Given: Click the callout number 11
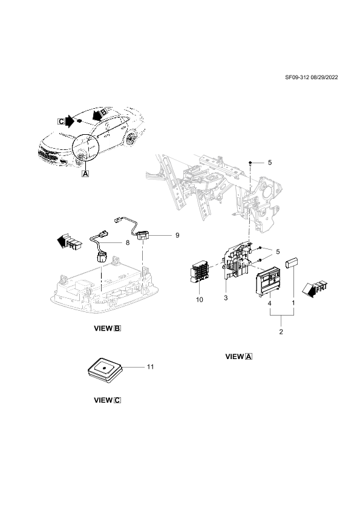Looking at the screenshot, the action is pyautogui.click(x=151, y=366).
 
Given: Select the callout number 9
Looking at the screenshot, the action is pyautogui.click(x=177, y=235).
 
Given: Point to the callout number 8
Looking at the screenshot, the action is pyautogui.click(x=128, y=242).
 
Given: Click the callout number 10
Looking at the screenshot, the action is pyautogui.click(x=200, y=300).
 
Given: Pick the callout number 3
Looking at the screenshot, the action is pyautogui.click(x=226, y=297).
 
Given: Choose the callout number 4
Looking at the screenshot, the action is pyautogui.click(x=269, y=303).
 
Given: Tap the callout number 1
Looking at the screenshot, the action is pyautogui.click(x=293, y=303).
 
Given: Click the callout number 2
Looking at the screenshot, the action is pyautogui.click(x=281, y=332).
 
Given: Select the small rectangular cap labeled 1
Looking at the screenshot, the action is pyautogui.click(x=292, y=262).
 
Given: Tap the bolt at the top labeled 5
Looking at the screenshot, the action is pyautogui.click(x=251, y=163).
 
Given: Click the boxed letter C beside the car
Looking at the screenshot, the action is pyautogui.click(x=61, y=122).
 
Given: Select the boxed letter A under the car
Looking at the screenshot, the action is pyautogui.click(x=85, y=173).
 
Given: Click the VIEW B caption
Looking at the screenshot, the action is pyautogui.click(x=107, y=328).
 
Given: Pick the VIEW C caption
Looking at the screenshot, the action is pyautogui.click(x=107, y=400).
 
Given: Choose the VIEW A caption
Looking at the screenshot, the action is pyautogui.click(x=239, y=357).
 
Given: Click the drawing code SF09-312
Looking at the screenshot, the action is pyautogui.click(x=296, y=77).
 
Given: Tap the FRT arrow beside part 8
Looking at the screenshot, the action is pyautogui.click(x=68, y=242).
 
